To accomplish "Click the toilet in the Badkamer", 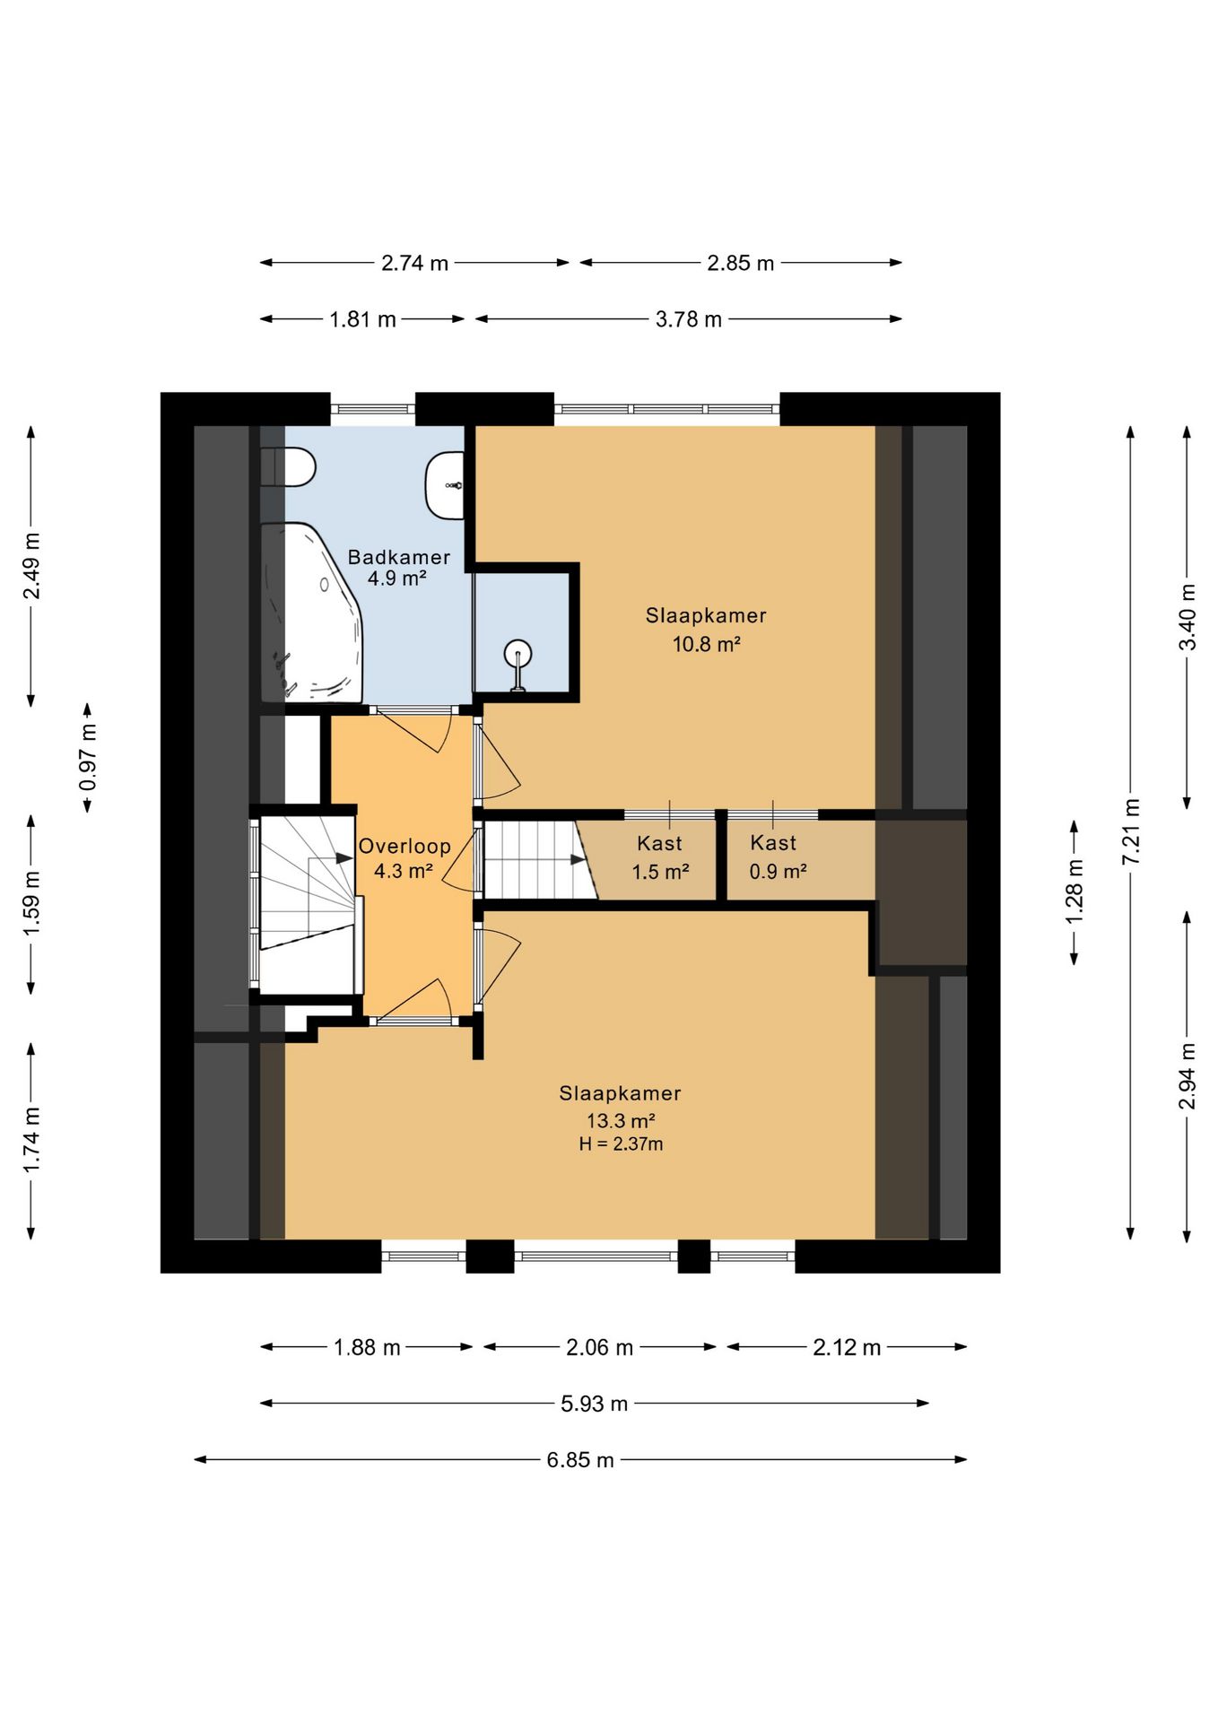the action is click(x=288, y=467).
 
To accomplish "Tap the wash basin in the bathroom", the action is click(x=445, y=485).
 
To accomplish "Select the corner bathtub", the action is click(x=311, y=613).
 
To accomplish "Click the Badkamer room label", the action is click(x=399, y=557).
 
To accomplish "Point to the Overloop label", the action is click(x=405, y=846).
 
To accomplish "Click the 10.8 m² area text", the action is click(x=706, y=644).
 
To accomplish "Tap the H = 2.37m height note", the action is click(x=621, y=1144).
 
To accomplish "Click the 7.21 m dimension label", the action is click(x=1131, y=831).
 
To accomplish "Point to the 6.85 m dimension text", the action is click(x=580, y=1460).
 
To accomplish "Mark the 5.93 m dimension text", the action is click(x=594, y=1404).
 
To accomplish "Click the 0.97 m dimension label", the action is click(x=88, y=758).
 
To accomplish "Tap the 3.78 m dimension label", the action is click(x=688, y=319).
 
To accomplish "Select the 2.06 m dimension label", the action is click(x=599, y=1347).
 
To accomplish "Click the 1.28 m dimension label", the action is click(x=1074, y=891).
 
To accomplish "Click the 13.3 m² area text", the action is click(x=621, y=1120).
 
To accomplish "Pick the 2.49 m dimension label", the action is click(x=31, y=566).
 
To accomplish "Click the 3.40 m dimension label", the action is click(x=1188, y=617).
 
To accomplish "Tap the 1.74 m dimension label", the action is click(x=31, y=1140).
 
